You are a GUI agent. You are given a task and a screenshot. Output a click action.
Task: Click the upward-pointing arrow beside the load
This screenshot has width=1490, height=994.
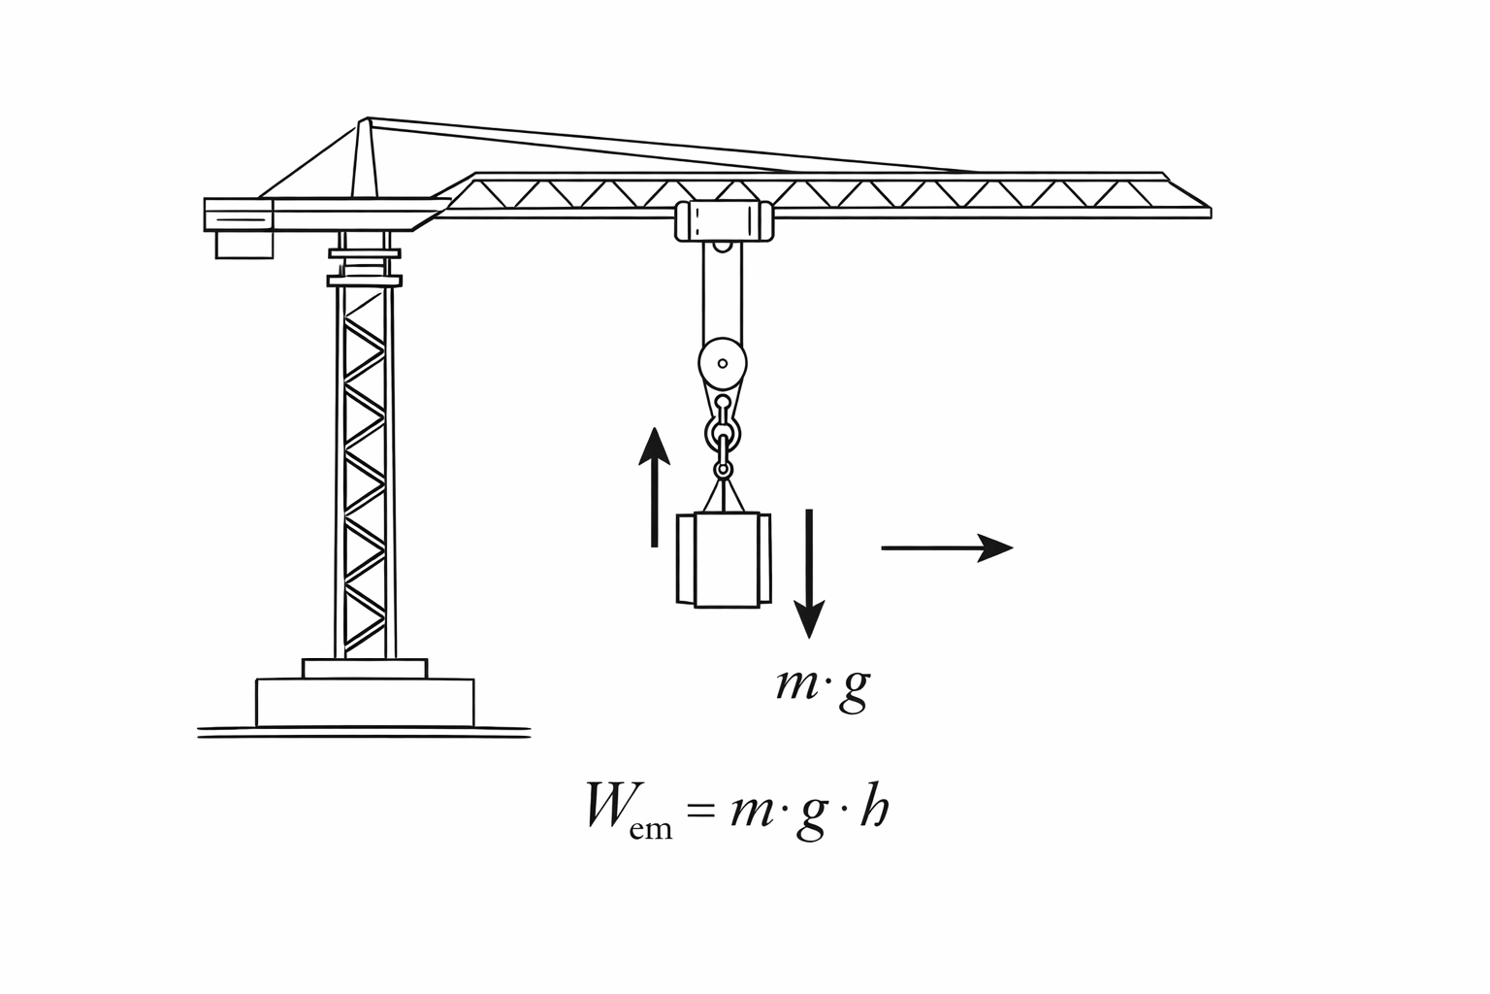(x=655, y=486)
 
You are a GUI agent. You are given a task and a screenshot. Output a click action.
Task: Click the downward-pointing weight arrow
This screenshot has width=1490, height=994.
(x=809, y=574)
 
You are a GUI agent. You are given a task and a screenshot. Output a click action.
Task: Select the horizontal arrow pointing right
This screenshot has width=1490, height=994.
(x=947, y=547)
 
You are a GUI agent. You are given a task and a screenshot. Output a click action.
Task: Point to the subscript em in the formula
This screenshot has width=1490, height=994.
(x=651, y=829)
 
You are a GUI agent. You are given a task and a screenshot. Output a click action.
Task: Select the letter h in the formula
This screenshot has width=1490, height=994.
(x=874, y=804)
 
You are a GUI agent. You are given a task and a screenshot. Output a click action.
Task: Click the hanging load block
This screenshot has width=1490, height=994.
(x=724, y=560)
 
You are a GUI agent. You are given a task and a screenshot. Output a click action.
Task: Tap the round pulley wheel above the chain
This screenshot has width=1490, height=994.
(x=723, y=363)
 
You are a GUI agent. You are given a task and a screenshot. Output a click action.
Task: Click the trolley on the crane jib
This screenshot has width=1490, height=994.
(x=725, y=220)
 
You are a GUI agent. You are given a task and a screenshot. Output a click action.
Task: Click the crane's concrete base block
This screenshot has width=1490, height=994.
(x=365, y=703)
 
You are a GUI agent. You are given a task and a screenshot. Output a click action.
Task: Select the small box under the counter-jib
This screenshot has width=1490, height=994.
(x=244, y=245)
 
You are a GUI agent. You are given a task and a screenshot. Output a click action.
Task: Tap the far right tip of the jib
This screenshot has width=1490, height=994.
(x=1212, y=213)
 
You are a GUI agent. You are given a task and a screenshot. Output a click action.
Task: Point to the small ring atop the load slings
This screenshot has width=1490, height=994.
(x=723, y=470)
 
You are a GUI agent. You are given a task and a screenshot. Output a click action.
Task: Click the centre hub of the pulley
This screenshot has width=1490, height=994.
(x=723, y=363)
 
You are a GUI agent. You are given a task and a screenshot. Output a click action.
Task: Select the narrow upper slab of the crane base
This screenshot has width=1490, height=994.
(x=365, y=669)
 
